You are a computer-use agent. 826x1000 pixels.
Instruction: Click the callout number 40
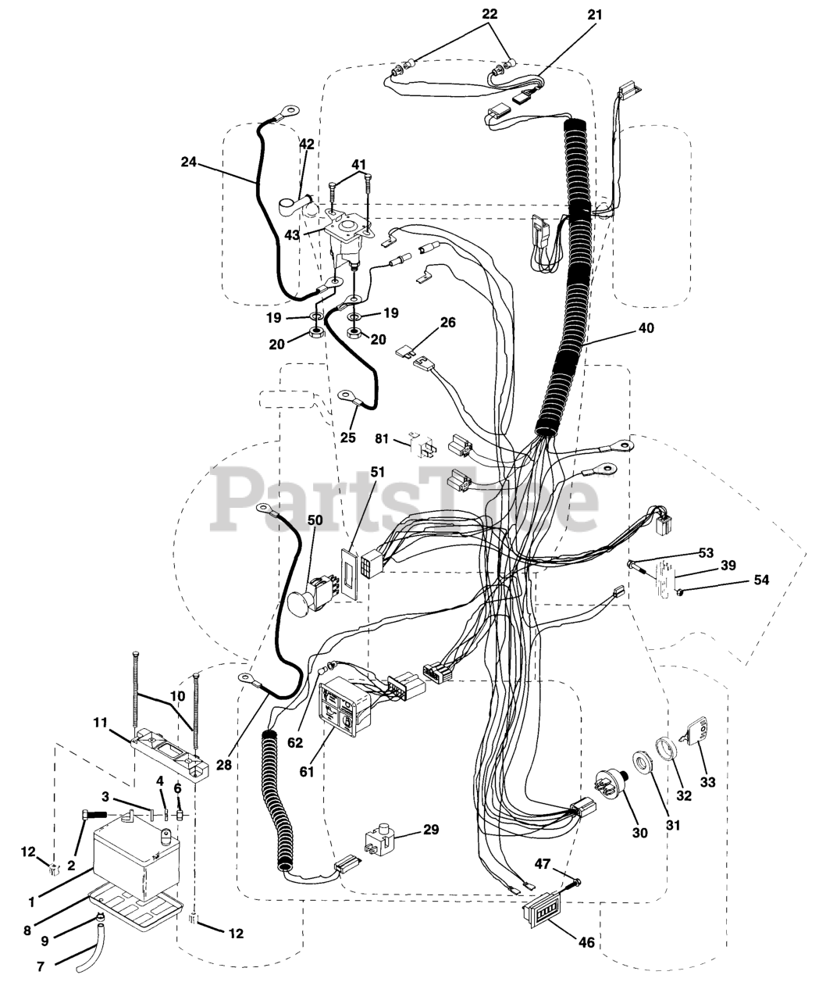645,328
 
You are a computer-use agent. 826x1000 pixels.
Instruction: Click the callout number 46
585,943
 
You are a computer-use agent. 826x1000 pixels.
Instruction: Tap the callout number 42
307,145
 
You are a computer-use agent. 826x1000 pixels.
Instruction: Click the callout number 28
225,766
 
